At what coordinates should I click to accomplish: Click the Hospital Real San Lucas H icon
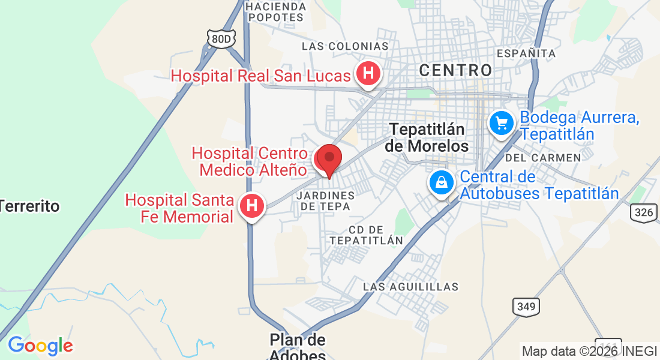click(x=368, y=74)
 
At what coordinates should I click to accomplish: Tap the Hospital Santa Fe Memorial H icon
click(x=252, y=206)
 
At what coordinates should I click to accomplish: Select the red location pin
click(x=329, y=159)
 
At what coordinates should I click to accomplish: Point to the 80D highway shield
click(x=221, y=39)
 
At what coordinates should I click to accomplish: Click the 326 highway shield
click(x=643, y=212)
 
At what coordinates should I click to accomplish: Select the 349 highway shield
click(x=526, y=307)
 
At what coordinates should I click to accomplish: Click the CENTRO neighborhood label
click(x=455, y=70)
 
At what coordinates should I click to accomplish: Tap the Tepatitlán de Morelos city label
click(x=428, y=137)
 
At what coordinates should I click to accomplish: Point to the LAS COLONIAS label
click(x=345, y=46)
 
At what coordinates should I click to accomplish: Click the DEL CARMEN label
click(x=543, y=158)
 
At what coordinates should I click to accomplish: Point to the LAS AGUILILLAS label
click(x=410, y=287)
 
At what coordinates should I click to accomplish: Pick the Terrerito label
click(x=30, y=206)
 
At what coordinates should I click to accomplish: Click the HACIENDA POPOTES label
click(x=276, y=11)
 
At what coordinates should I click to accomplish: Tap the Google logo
click(x=40, y=346)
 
